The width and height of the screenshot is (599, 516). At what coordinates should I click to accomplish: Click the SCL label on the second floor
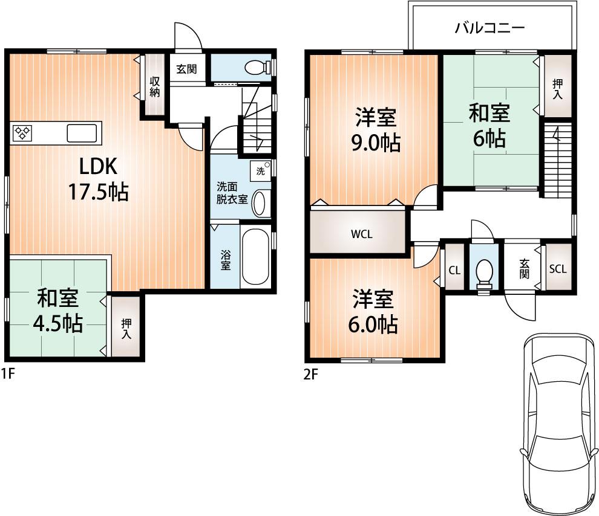[x=557, y=269]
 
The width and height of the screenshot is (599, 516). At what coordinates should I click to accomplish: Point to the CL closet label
[x=454, y=270]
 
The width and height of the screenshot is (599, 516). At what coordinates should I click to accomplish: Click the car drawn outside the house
[x=555, y=423]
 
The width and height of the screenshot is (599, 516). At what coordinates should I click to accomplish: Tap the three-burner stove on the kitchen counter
[x=23, y=132]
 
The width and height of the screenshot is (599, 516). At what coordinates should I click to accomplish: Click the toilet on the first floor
[x=257, y=68]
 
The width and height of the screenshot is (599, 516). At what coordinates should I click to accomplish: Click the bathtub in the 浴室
[x=255, y=258]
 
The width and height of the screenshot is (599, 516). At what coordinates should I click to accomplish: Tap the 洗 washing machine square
[x=260, y=170]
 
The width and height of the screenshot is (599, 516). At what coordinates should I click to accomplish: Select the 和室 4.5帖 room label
[x=57, y=311]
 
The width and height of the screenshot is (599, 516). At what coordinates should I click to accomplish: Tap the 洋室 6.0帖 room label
[x=374, y=312]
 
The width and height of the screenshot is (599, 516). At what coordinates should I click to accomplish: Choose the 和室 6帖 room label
[x=489, y=126]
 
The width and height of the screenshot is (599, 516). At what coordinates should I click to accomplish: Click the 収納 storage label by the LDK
[x=155, y=86]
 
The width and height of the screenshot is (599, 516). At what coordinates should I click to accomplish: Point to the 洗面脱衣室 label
[x=232, y=193]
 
